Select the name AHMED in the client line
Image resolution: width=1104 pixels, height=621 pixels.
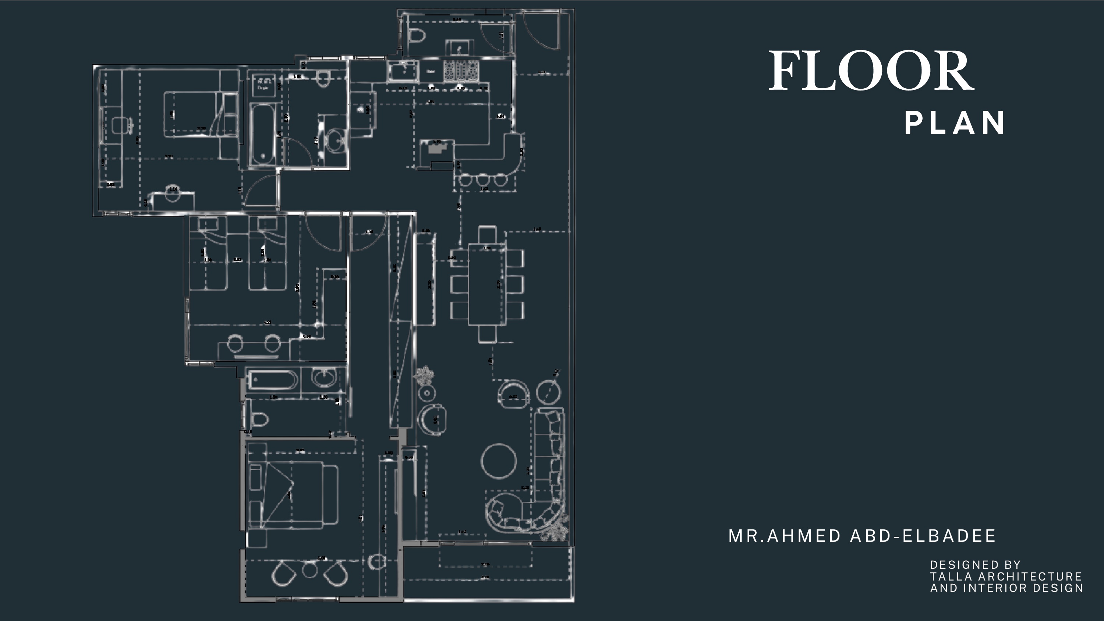804,536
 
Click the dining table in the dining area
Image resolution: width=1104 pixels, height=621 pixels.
487,284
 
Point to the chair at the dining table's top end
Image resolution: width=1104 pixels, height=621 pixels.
487,234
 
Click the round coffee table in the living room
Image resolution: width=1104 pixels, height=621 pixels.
499,461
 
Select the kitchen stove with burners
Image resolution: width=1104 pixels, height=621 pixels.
461,71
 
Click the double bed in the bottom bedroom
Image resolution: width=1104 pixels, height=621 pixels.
296,494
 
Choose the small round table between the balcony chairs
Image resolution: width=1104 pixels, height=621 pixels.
309,569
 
